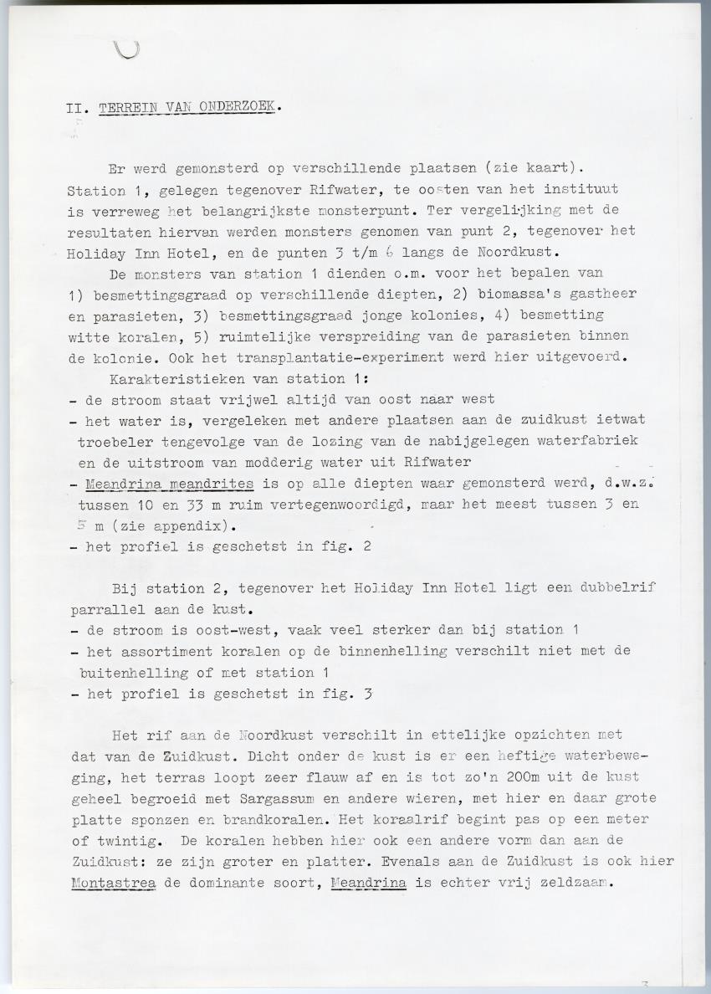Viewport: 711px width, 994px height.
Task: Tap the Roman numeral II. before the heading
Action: tap(79, 109)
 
